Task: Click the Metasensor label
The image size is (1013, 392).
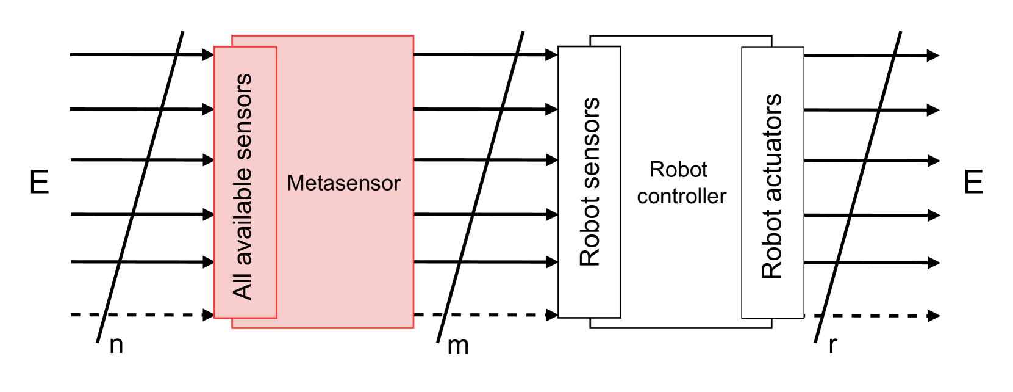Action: [343, 183]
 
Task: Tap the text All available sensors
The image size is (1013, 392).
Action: [243, 187]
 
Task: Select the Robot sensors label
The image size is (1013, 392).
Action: [590, 182]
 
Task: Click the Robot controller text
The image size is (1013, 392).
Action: [681, 183]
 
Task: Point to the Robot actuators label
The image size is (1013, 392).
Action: [772, 186]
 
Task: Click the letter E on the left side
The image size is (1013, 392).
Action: [39, 183]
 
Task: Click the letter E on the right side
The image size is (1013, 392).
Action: [973, 183]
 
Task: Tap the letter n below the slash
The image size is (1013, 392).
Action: [116, 345]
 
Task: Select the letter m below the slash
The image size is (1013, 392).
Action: [458, 346]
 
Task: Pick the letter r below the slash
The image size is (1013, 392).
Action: [832, 345]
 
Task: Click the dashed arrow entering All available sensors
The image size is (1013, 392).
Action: [140, 315]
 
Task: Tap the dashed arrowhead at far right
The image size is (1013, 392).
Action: [933, 316]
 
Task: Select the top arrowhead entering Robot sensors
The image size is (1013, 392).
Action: [551, 55]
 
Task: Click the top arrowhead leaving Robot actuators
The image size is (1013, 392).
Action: [933, 56]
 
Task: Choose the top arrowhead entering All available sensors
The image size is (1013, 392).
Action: [208, 54]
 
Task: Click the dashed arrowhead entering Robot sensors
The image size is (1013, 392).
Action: [552, 315]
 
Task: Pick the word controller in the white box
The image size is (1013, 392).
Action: [681, 197]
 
